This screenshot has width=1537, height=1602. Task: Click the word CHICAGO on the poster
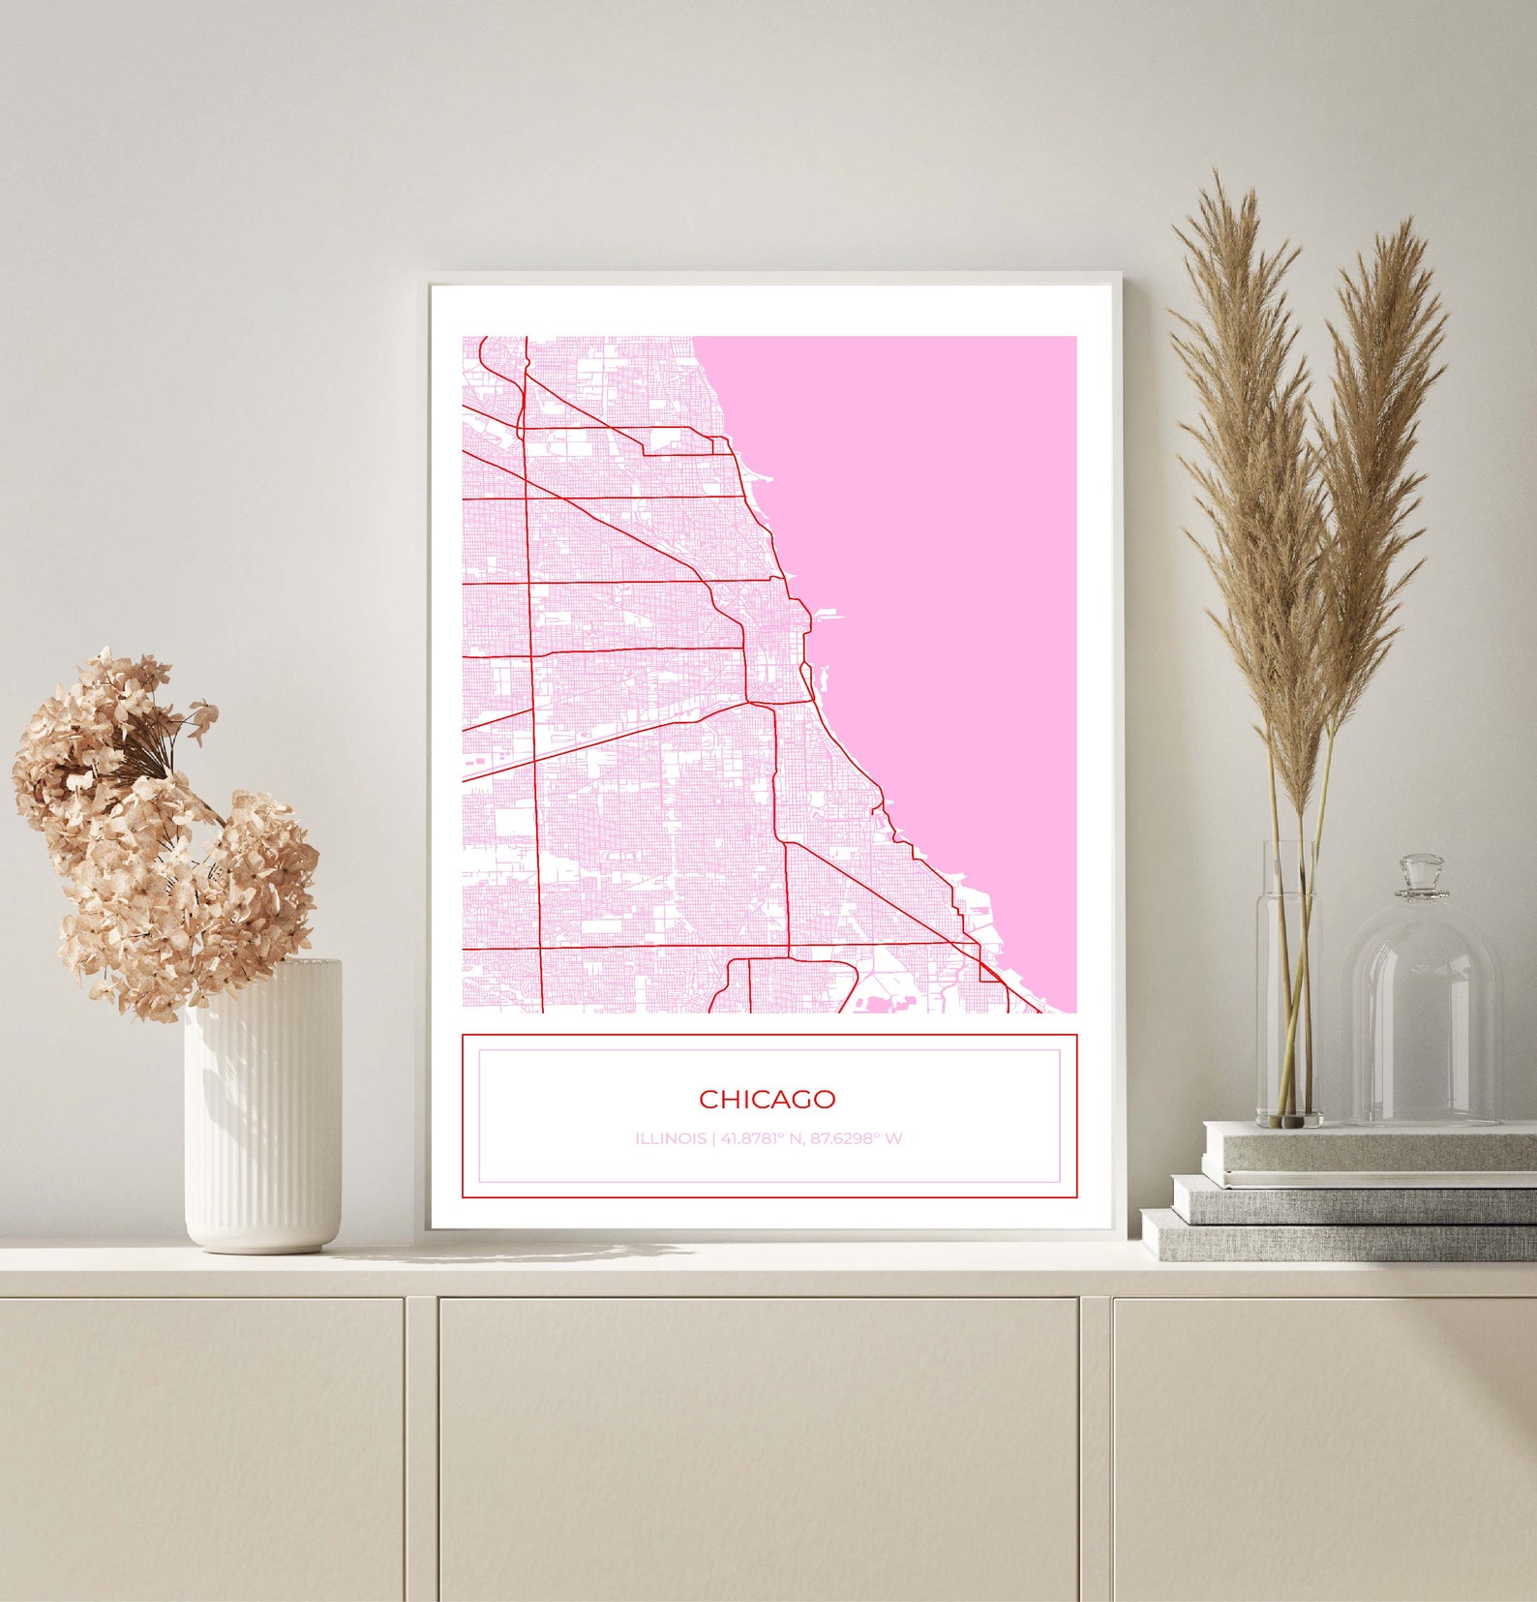[x=767, y=1099]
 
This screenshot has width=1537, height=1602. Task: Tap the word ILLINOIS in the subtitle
[x=670, y=1138]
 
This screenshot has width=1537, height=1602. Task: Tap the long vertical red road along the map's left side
[x=533, y=678]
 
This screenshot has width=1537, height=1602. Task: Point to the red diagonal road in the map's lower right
[x=881, y=895]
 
